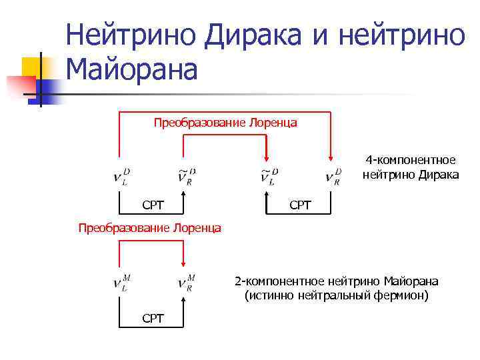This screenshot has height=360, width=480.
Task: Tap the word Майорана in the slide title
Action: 132,69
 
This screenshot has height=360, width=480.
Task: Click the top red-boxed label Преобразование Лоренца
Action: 225,123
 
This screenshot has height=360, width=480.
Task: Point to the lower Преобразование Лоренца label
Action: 150,228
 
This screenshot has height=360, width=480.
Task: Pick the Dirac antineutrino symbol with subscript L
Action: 268,176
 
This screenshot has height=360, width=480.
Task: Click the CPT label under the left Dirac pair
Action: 153,205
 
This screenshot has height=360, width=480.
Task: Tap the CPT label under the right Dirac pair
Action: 300,205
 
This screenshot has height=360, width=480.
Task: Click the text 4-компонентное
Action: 411,161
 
